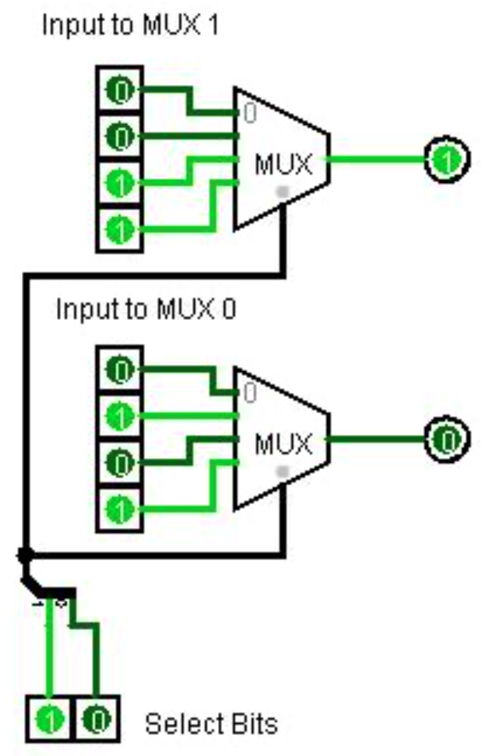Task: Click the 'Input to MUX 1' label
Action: point(130,25)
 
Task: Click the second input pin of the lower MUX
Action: point(121,417)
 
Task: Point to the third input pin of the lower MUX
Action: point(121,464)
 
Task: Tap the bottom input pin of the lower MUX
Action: point(121,510)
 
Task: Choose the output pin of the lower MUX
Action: point(447,439)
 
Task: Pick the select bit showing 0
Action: point(97,719)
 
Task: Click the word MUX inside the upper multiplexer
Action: point(283,164)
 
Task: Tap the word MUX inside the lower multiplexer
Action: point(283,444)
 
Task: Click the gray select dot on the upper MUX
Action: point(281,192)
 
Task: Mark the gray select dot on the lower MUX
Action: point(281,471)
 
